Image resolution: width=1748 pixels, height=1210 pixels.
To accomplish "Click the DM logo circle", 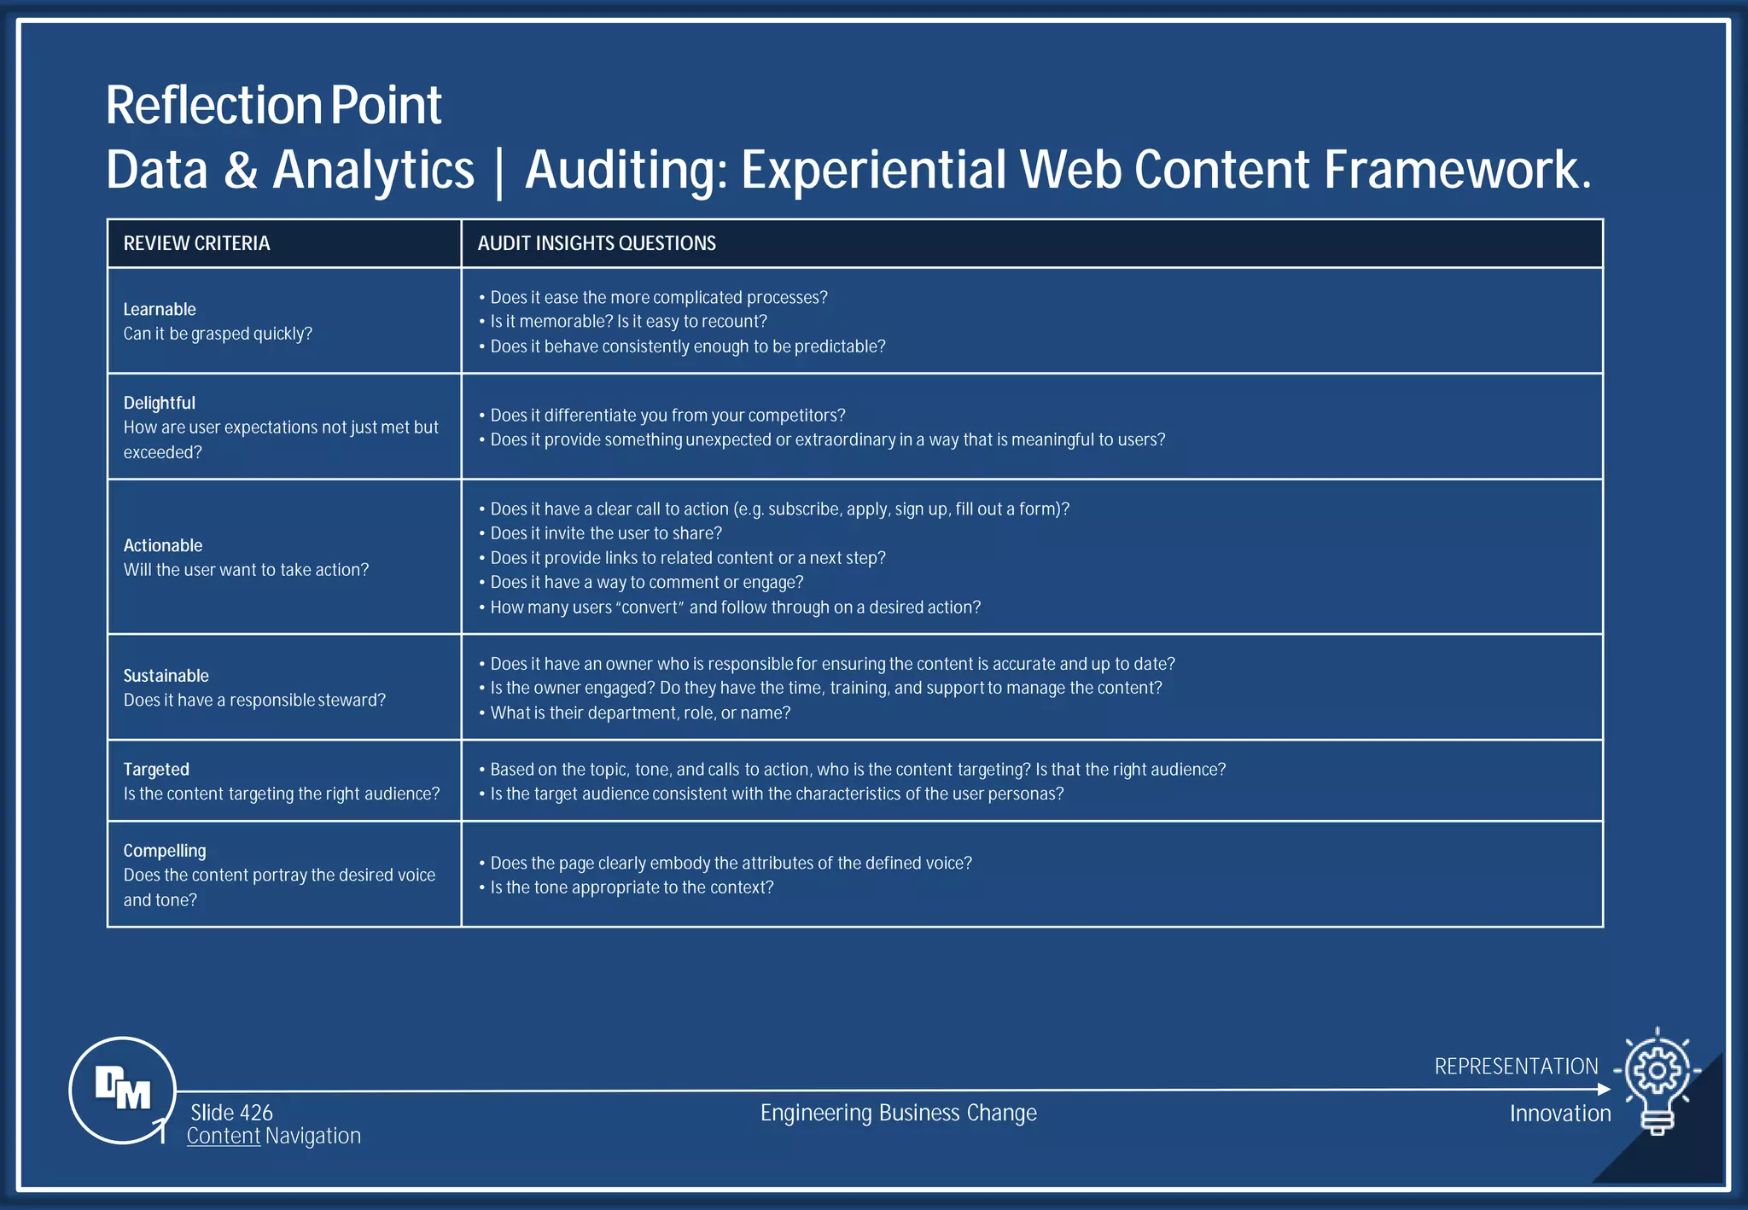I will tap(122, 1090).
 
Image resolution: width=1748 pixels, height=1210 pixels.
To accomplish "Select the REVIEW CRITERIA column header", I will tap(196, 244).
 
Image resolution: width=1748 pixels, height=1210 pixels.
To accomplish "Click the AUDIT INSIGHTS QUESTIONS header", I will tap(597, 244).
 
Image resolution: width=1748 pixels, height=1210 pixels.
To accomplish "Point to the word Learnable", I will tap(160, 309).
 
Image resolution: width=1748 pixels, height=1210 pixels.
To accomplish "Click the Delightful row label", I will tap(160, 403).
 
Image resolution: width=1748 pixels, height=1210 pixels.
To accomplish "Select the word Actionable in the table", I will tap(163, 545).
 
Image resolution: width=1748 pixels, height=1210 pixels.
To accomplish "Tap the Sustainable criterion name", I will tap(166, 676).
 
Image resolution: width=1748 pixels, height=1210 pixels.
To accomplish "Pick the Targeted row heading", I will tap(156, 769).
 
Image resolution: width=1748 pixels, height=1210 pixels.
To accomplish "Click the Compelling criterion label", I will tap(165, 851).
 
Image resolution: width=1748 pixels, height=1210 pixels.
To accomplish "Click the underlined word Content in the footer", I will tap(224, 1136).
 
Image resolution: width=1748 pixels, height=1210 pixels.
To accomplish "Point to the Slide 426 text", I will tap(231, 1113).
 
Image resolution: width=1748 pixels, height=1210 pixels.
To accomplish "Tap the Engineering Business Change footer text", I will tap(898, 1113).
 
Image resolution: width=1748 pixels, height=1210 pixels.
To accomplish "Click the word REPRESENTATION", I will tap(1516, 1067).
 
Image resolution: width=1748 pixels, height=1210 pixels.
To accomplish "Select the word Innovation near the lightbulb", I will tap(1559, 1114).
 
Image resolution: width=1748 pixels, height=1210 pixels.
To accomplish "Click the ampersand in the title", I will tap(241, 170).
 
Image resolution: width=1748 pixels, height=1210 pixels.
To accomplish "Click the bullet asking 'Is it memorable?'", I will tap(628, 322).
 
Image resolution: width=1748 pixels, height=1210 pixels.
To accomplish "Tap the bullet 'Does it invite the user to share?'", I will tap(606, 533).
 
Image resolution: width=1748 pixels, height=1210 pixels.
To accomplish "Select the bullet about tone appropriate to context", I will tap(632, 887).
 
